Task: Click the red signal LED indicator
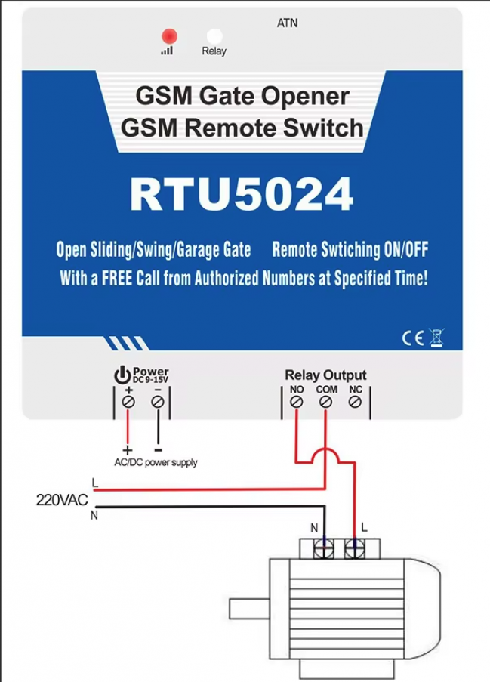[169, 36]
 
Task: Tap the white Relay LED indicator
[214, 36]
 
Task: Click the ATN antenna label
[288, 23]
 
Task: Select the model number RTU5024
[242, 194]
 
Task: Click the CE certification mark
[412, 338]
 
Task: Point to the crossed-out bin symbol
[436, 338]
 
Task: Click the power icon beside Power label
[122, 375]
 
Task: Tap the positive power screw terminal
[128, 402]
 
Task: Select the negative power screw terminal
[158, 402]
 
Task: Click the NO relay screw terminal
[297, 402]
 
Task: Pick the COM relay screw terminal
[325, 402]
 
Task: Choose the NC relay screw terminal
[355, 402]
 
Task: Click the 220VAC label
[62, 500]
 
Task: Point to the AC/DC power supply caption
[156, 462]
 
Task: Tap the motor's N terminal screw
[325, 548]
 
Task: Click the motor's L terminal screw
[355, 548]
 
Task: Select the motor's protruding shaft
[249, 609]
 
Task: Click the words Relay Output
[325, 375]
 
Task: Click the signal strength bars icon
[167, 51]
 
